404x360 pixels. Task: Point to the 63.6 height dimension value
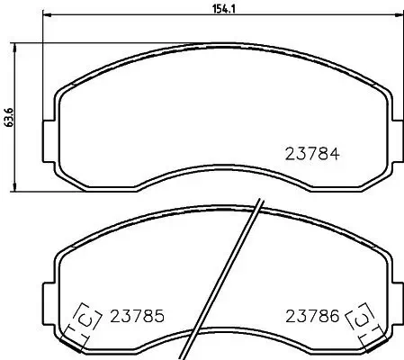9,117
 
